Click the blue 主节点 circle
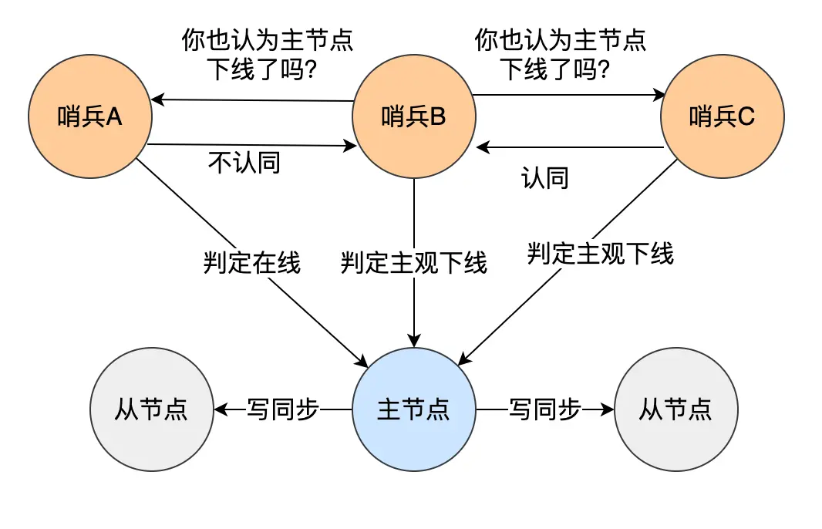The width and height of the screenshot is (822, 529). (x=414, y=409)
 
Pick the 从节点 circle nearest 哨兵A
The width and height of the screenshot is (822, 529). (x=151, y=409)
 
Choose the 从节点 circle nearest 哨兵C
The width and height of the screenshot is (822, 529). (x=675, y=409)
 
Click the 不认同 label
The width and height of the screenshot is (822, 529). (x=244, y=163)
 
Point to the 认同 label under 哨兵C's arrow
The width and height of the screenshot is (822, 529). (x=545, y=178)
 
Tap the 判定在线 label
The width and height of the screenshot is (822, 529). (x=251, y=264)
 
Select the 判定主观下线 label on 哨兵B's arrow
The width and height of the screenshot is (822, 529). (x=414, y=264)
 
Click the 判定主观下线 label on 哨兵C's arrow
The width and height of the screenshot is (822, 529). (x=600, y=253)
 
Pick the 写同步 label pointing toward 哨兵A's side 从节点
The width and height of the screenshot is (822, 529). (x=282, y=409)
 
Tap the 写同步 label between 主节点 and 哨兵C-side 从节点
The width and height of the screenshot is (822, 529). (x=544, y=409)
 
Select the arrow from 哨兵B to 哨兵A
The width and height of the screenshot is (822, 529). (x=251, y=100)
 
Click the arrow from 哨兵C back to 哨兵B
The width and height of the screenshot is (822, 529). (x=571, y=147)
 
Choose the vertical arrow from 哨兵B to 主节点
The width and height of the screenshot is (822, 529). (x=414, y=308)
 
